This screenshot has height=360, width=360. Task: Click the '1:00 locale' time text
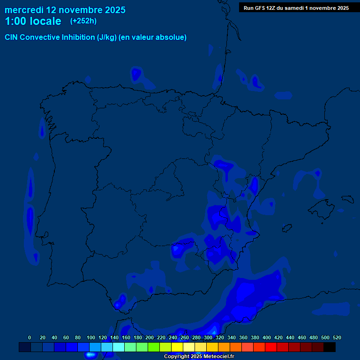tap(33, 21)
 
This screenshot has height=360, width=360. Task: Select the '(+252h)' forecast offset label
tap(84, 21)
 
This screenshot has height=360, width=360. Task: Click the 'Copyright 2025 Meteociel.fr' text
tap(199, 357)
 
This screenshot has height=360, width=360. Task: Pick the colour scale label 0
tap(30, 337)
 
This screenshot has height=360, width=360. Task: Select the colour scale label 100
tap(91, 337)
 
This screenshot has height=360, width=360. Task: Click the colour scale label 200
tap(150, 337)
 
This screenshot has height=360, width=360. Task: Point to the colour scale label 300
tap(208, 337)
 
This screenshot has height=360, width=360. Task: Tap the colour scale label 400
tap(267, 337)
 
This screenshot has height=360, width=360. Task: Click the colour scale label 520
tap(337, 337)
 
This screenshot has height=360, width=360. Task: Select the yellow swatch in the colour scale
tap(177, 347)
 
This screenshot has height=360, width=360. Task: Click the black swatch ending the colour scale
tap(330, 347)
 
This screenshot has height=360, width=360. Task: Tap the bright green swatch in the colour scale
tap(154, 347)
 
